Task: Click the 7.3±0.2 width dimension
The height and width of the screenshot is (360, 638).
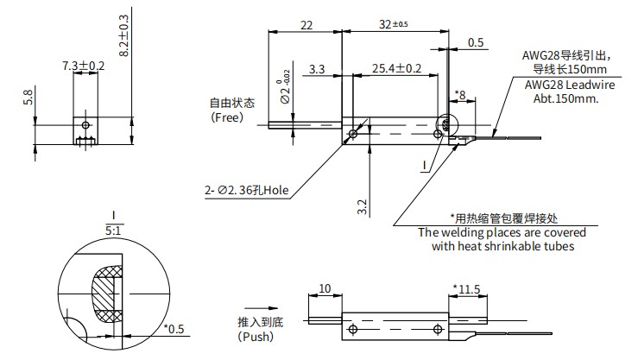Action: (84, 66)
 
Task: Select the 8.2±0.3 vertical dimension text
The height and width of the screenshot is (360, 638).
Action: (123, 35)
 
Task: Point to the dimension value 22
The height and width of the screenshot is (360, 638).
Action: (306, 25)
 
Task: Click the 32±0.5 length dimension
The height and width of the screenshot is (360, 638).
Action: (395, 25)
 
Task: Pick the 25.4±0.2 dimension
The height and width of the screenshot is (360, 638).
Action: (396, 67)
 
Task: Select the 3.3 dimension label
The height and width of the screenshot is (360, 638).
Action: (316, 67)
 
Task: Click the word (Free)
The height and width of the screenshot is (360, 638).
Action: (227, 117)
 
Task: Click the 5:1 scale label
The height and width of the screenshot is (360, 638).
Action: (114, 231)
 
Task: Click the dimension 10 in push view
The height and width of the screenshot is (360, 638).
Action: (325, 288)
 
